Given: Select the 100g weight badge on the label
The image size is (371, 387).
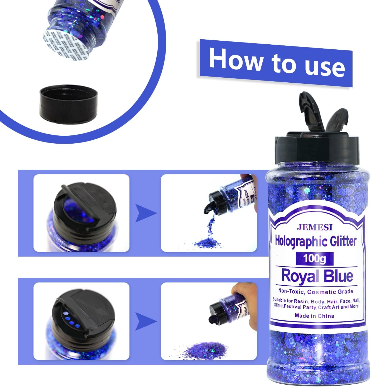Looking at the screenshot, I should coord(315,259).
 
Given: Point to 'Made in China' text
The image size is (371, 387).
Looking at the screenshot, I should coord(314,316).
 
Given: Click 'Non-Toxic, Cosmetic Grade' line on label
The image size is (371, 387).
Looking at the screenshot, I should coord(316,292).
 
